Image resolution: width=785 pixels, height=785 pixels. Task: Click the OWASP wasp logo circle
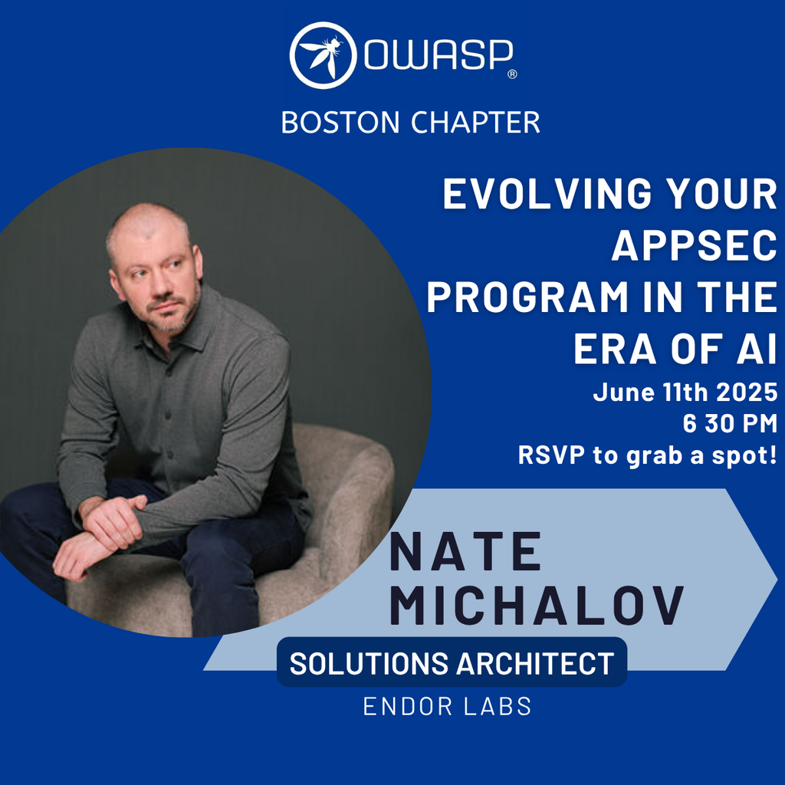point(323,55)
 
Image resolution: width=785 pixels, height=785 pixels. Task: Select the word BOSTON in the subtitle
point(340,122)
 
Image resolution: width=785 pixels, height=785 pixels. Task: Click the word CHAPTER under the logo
point(475,122)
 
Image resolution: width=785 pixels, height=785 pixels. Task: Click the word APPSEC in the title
point(694,246)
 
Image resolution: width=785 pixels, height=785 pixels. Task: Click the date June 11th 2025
point(685,392)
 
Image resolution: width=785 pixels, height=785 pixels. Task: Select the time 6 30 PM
point(730,423)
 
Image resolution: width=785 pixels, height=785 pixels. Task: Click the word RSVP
point(551,455)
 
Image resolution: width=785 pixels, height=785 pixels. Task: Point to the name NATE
point(465,552)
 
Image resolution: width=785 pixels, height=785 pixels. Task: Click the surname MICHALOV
point(536,605)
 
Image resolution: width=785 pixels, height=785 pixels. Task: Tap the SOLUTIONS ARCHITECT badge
point(452,662)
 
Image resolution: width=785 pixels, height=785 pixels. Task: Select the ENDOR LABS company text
point(447,706)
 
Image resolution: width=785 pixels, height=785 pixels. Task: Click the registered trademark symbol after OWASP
point(512,74)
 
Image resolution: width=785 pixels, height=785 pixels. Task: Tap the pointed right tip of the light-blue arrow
point(777,580)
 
